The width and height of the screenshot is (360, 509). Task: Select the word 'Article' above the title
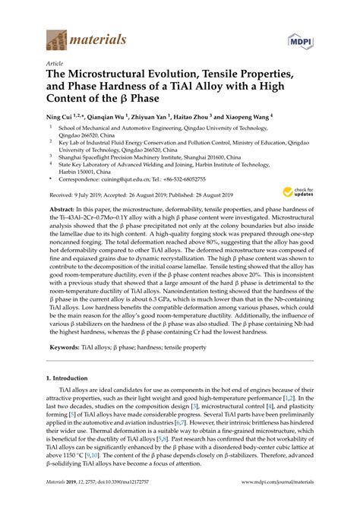tap(54, 64)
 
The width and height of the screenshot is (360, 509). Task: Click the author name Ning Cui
tap(61, 120)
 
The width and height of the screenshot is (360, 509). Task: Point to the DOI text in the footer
tap(129, 501)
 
